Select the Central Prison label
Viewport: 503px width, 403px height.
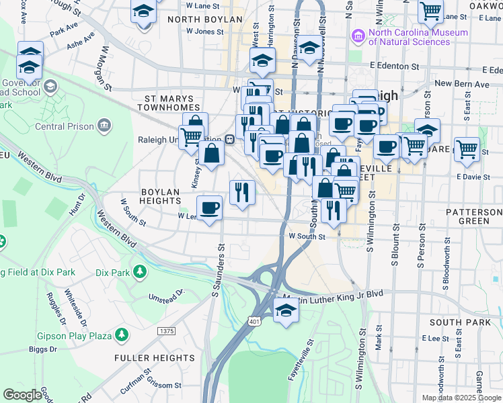click(64, 126)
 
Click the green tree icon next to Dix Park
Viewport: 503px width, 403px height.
click(140, 273)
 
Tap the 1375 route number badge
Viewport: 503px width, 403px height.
click(166, 331)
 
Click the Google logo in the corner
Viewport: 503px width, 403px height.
click(22, 394)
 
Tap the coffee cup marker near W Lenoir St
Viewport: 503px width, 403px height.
click(210, 208)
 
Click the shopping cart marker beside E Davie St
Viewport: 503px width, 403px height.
click(467, 150)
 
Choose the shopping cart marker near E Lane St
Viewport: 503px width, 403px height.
click(430, 11)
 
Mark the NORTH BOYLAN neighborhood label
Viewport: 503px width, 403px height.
click(204, 19)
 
